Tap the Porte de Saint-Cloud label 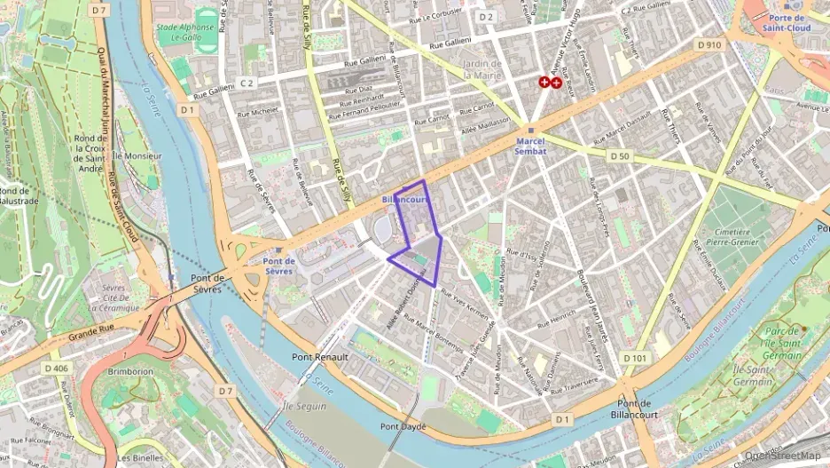pos(787,22)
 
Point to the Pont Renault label pos(320,357)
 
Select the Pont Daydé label pos(403,426)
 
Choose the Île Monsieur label pos(138,156)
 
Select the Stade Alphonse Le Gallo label pos(186,33)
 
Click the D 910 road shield pos(710,44)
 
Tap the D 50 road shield pos(620,155)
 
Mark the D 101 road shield pos(634,357)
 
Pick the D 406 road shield pos(55,368)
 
